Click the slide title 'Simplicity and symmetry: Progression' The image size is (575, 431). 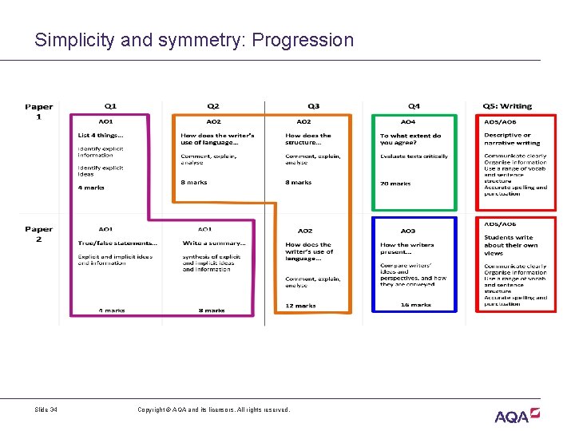pyautogui.click(x=193, y=40)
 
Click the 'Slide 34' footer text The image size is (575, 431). pyautogui.click(x=46, y=410)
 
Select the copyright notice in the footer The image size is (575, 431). pyautogui.click(x=213, y=410)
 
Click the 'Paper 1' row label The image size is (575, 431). pyautogui.click(x=39, y=111)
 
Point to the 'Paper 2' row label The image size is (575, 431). pyautogui.click(x=39, y=234)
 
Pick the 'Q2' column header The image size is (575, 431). pyautogui.click(x=213, y=106)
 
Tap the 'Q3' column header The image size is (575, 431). pyautogui.click(x=313, y=106)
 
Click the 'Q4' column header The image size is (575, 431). pyautogui.click(x=414, y=106)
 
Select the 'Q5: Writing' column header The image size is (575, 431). pyautogui.click(x=507, y=106)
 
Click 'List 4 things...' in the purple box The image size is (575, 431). pyautogui.click(x=101, y=136)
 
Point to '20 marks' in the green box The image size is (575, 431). pyautogui.click(x=395, y=184)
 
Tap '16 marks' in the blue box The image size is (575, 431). pyautogui.click(x=415, y=305)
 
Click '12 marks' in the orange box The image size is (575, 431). pyautogui.click(x=300, y=306)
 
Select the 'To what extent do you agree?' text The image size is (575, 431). pyautogui.click(x=410, y=139)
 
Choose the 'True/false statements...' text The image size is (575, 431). pyautogui.click(x=117, y=243)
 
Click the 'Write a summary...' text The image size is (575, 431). pyautogui.click(x=214, y=243)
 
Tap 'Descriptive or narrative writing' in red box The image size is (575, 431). pyautogui.click(x=507, y=139)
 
